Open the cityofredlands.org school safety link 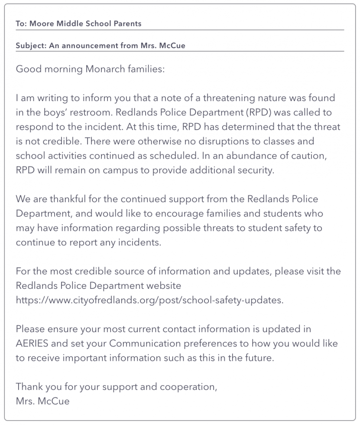click(x=149, y=301)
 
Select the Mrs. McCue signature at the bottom click(x=42, y=401)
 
